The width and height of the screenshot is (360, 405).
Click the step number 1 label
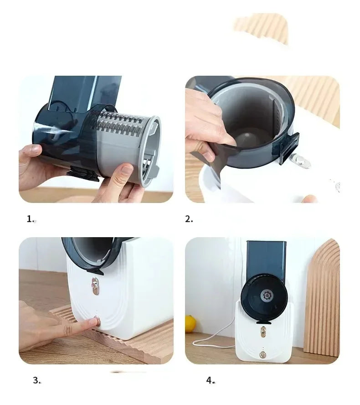pos(30,219)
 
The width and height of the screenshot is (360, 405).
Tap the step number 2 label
pos(189,219)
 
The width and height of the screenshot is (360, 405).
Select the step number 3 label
pos(36,380)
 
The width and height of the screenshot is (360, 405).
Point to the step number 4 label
pos(210,380)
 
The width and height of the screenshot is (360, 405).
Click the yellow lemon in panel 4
pos(190,323)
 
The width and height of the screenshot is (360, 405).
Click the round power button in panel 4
pos(262,354)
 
